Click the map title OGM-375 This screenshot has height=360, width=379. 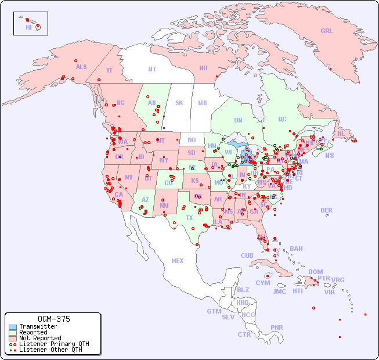(53, 319)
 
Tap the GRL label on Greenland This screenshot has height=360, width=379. (327, 31)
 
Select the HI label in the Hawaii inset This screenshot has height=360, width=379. (29, 27)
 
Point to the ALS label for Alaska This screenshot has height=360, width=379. (81, 67)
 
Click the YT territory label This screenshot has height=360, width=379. (109, 70)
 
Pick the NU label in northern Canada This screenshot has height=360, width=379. (203, 68)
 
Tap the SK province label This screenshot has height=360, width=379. (179, 103)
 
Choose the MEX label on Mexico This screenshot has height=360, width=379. (178, 261)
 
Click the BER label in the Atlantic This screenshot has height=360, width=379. (327, 210)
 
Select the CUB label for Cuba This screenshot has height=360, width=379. (247, 255)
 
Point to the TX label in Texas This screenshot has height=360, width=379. (189, 218)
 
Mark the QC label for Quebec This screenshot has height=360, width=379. (282, 119)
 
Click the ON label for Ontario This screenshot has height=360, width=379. (238, 120)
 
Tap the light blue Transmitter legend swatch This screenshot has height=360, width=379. (13, 327)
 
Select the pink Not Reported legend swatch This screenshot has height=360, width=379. (13, 338)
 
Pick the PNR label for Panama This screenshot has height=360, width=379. (277, 327)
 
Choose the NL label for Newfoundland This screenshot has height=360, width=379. (341, 134)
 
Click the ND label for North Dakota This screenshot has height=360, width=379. (192, 140)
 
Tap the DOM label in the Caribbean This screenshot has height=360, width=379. (315, 272)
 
